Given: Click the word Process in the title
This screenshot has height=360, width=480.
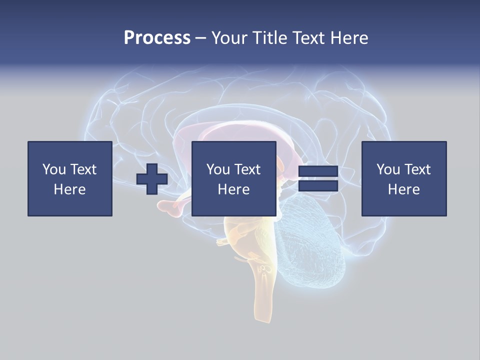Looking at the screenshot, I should [x=157, y=38].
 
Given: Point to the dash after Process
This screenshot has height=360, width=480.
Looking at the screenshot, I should [x=200, y=38].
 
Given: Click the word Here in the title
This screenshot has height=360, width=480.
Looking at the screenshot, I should [x=348, y=38].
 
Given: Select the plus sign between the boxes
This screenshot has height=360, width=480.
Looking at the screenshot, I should [x=152, y=179].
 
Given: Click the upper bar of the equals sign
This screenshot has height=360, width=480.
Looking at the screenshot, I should [x=318, y=171].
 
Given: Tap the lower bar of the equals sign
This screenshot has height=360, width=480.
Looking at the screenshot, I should [x=318, y=186].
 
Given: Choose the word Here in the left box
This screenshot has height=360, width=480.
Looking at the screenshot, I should [x=69, y=189].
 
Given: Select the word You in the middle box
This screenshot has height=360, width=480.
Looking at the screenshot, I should [x=218, y=169].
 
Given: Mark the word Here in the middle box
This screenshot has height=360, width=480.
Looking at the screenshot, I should [x=233, y=189].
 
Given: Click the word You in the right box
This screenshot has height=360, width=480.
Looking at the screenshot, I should [x=388, y=169].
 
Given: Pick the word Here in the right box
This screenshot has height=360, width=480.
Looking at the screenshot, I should [x=403, y=189].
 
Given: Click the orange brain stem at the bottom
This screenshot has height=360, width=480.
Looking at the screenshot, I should [x=263, y=295].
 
